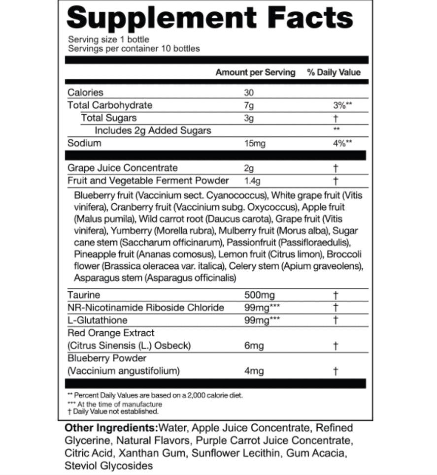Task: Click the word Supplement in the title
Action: (x=162, y=18)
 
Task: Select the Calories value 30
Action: (x=249, y=93)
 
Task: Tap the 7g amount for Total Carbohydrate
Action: (x=249, y=105)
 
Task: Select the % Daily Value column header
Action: (x=334, y=72)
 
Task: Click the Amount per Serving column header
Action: (x=255, y=72)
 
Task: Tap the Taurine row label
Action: (x=84, y=295)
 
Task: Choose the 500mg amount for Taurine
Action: (x=260, y=295)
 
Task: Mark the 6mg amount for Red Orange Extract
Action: (x=254, y=346)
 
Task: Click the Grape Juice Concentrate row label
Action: (x=123, y=168)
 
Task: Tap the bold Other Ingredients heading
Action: (x=111, y=428)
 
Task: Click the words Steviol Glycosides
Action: (x=108, y=465)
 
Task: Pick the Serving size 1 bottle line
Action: (x=108, y=40)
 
